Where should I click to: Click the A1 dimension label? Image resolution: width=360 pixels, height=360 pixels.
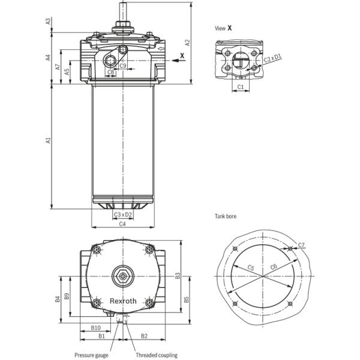(48, 141)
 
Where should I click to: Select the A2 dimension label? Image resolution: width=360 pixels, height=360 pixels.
(187, 42)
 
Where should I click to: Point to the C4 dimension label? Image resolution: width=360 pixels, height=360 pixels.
(122, 224)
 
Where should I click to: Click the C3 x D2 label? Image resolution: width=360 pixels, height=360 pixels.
(122, 214)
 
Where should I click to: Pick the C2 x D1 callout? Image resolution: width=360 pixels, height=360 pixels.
(272, 59)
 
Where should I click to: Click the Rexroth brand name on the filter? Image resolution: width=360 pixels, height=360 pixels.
(123, 301)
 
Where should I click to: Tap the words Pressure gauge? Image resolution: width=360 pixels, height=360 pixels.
(91, 355)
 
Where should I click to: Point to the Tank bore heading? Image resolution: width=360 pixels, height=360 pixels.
(226, 215)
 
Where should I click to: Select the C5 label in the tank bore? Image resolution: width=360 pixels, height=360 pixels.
(251, 268)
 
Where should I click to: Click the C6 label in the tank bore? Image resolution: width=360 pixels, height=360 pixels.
(274, 266)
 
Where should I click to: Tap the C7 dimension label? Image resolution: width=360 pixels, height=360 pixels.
(301, 245)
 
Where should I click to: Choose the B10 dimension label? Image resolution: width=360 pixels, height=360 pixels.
(95, 328)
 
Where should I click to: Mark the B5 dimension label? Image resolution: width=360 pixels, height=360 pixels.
(187, 298)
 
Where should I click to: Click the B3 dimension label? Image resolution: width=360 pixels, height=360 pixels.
(178, 275)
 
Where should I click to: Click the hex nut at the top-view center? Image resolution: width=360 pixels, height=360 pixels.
(123, 277)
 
